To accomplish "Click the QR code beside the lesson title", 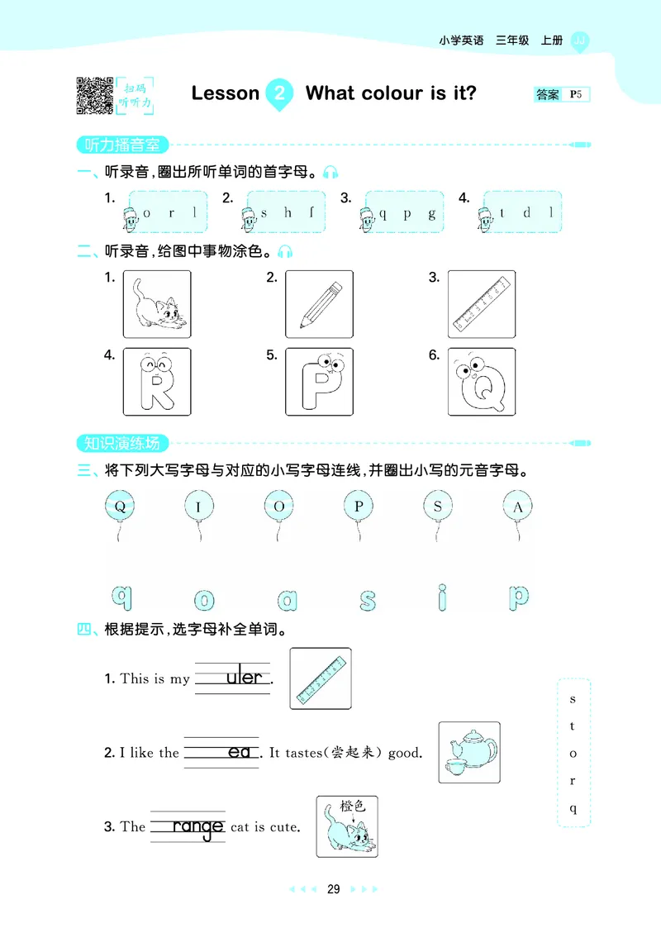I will pos(94,94).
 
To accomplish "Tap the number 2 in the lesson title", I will pos(279,93).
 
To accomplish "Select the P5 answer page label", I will pos(576,95).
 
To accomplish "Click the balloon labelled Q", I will pos(120,507).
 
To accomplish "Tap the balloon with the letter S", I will pos(438,507).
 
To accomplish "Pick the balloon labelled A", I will pos(518,507).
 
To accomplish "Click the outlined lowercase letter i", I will pos(444,597).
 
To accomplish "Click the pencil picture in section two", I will pos(318,304).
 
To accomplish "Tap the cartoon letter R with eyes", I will pos(156,383).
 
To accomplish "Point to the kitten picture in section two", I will pos(157,304).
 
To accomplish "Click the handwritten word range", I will pos(197,827).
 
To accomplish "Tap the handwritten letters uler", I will pos(244,678).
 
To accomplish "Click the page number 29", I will pos(333,889).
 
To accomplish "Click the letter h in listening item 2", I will pos(288,212).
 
